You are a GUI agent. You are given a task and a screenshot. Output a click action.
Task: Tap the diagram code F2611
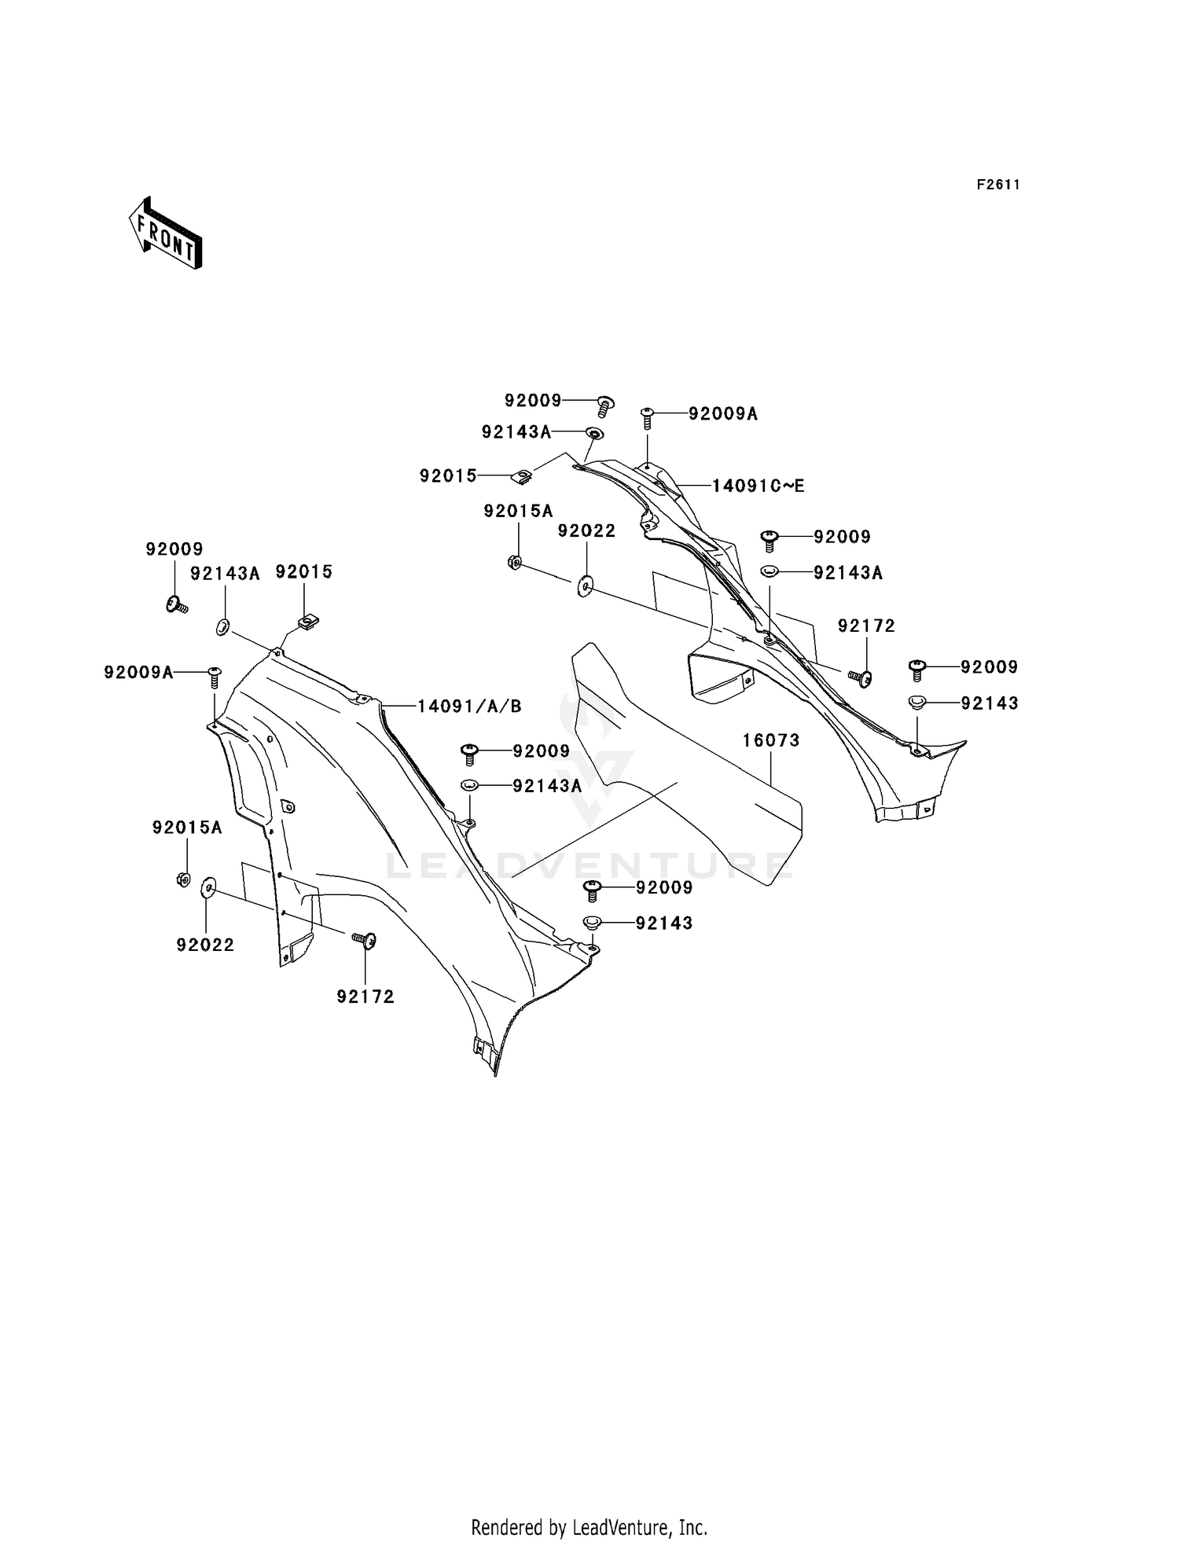click(x=998, y=185)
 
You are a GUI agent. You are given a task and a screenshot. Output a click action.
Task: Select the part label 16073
click(x=771, y=740)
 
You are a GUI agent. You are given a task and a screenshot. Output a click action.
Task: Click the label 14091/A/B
click(x=469, y=706)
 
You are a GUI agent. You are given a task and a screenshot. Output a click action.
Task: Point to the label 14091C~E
click(x=758, y=486)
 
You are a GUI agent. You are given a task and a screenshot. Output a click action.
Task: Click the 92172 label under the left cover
click(x=365, y=997)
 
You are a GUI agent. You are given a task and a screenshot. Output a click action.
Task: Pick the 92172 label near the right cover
click(x=866, y=626)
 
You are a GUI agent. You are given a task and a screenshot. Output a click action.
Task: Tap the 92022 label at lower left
click(x=205, y=945)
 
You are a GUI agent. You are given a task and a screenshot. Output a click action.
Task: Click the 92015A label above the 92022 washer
click(x=518, y=511)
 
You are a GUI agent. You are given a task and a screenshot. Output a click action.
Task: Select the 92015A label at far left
click(x=187, y=827)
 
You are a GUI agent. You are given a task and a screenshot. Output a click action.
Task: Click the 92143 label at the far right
click(x=990, y=703)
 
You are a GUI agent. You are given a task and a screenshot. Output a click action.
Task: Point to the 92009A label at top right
click(x=723, y=413)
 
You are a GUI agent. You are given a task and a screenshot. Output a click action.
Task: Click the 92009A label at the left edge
click(x=138, y=672)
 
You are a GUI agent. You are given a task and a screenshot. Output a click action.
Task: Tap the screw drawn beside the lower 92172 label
click(x=364, y=939)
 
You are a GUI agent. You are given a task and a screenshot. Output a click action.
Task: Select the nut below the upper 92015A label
click(x=515, y=562)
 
